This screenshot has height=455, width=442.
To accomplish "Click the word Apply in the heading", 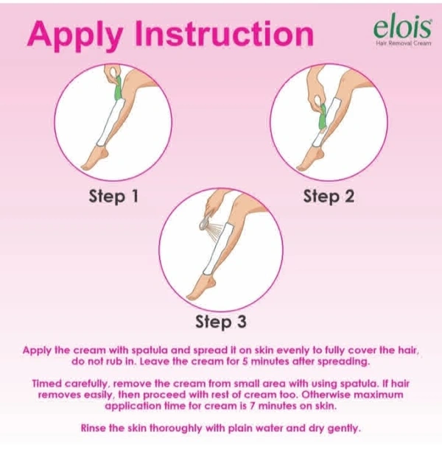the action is tap(75, 35).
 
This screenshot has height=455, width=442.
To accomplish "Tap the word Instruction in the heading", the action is tap(225, 33).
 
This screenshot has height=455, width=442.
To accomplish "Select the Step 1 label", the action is tap(113, 197).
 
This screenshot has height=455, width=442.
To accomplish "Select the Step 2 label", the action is tap(329, 197).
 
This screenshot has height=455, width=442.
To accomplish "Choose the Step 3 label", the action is tap(221, 322).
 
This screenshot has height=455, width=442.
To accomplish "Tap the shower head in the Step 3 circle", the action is tap(205, 225).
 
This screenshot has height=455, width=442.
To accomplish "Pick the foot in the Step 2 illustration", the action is tap(309, 158).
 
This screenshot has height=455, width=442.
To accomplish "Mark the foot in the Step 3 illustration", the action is tap(200, 285).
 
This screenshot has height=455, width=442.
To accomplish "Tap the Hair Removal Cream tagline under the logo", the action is tap(404, 43).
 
